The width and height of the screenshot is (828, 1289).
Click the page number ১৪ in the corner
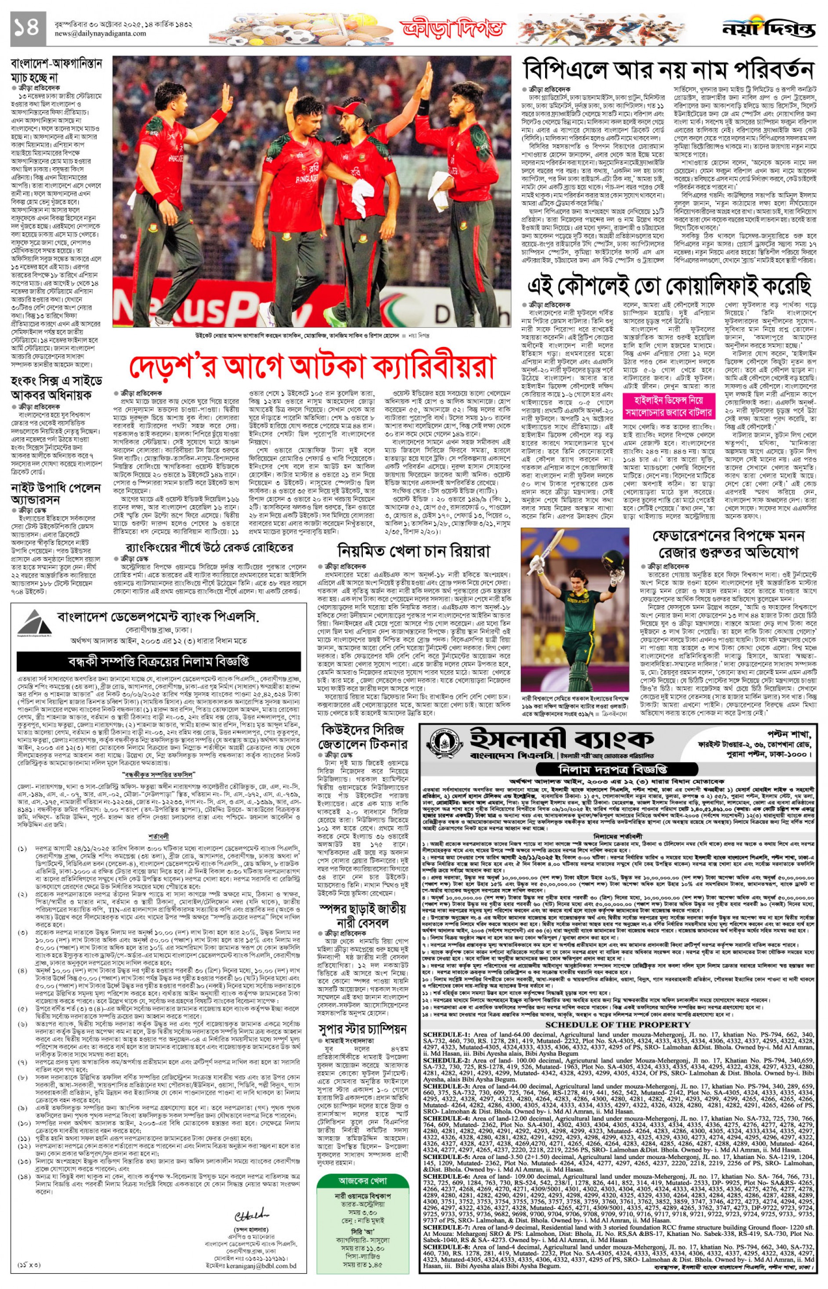[25, 27]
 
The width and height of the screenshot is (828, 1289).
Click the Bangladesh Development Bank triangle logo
[33, 622]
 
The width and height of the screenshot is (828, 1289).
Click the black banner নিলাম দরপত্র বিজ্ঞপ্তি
[619, 768]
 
